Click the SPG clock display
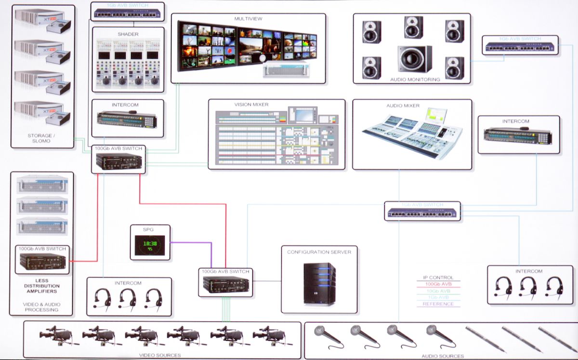pos(150,246)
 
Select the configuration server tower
pos(319,284)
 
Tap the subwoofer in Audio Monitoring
pos(414,59)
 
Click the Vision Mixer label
pos(251,105)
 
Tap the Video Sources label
pos(160,355)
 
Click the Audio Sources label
pos(443,356)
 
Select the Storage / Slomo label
pos(41,138)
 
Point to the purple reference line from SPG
pos(193,242)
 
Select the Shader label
pos(128,34)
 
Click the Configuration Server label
pos(319,252)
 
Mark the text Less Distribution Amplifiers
pos(41,286)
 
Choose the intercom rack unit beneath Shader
pos(127,119)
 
